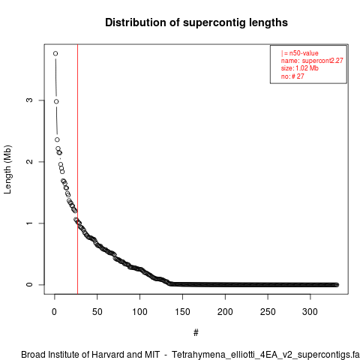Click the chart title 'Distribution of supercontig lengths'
pyautogui.click(x=196, y=22)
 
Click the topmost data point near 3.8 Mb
pyautogui.click(x=55, y=53)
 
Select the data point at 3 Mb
pyautogui.click(x=56, y=101)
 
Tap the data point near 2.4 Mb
pyautogui.click(x=57, y=139)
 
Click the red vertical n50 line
pyautogui.click(x=77, y=169)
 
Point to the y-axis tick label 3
pyautogui.click(x=29, y=100)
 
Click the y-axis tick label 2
pyautogui.click(x=29, y=162)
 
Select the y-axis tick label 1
pyautogui.click(x=29, y=223)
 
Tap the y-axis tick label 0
pyautogui.click(x=29, y=284)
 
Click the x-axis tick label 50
pyautogui.click(x=97, y=312)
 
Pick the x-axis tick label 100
pyautogui.click(x=139, y=312)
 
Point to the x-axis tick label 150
pyautogui.click(x=182, y=312)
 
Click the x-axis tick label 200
pyautogui.click(x=225, y=312)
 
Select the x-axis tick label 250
pyautogui.click(x=268, y=312)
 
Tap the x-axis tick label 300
pyautogui.click(x=310, y=312)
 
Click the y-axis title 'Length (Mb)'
pyautogui.click(x=7, y=169)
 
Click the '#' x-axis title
pyautogui.click(x=196, y=333)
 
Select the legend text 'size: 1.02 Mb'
pyautogui.click(x=299, y=68)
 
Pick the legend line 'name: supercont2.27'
pyautogui.click(x=312, y=61)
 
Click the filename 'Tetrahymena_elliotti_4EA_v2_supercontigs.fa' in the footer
pyautogui.click(x=265, y=355)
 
